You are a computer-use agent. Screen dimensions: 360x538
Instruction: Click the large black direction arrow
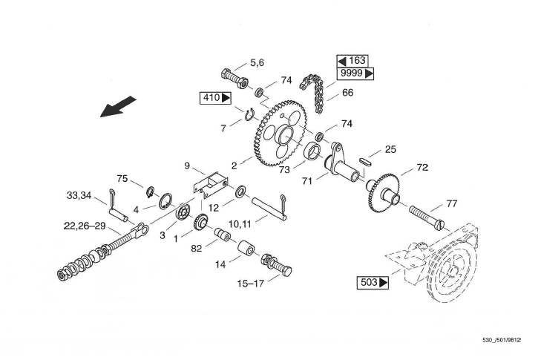click(x=119, y=106)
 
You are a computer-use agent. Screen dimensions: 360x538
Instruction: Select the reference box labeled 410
click(x=216, y=97)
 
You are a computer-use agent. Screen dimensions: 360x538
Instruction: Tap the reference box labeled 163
click(x=352, y=60)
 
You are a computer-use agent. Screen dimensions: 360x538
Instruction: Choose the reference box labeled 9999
click(x=355, y=73)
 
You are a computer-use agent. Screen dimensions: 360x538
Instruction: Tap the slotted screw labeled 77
click(x=426, y=215)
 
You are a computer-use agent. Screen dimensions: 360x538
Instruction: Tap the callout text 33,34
click(x=79, y=196)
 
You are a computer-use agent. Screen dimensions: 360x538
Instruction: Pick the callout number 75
click(x=123, y=178)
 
